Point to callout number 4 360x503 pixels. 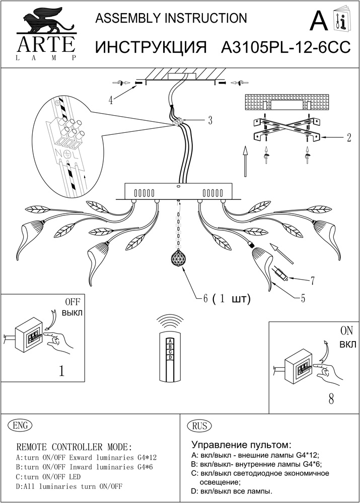110,100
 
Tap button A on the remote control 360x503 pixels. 171,340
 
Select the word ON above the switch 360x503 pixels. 347,331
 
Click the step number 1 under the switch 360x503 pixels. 61,371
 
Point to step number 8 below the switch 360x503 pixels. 331,400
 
